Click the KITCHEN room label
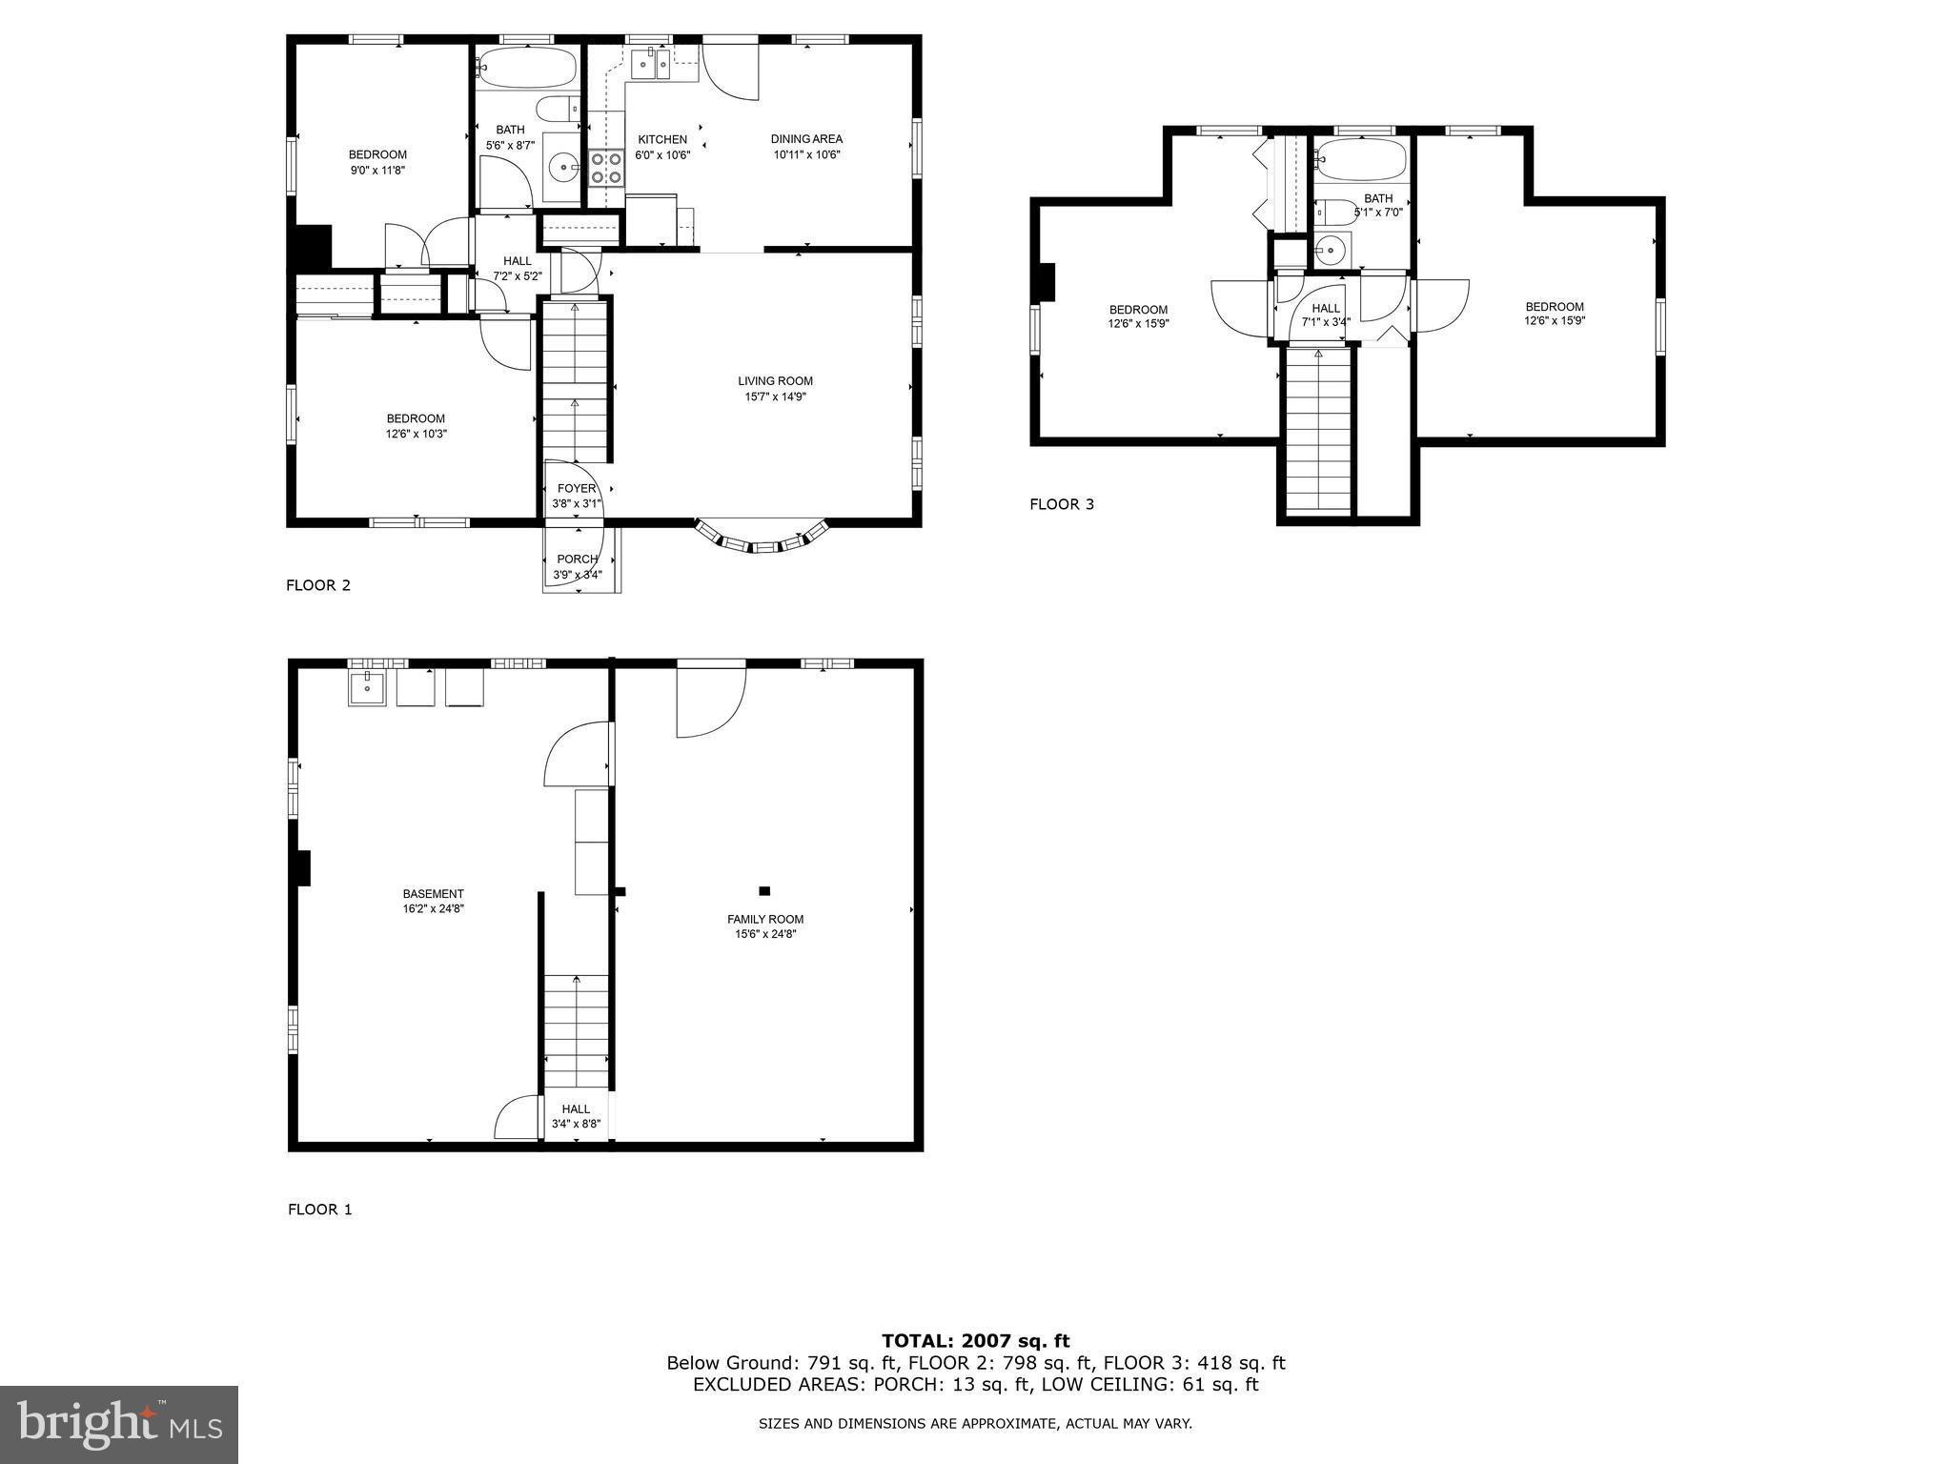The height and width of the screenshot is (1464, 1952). [x=662, y=139]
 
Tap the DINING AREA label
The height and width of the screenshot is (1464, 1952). [x=806, y=139]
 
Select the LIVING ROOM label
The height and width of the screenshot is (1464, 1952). [x=776, y=381]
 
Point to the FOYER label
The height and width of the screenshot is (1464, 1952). [x=577, y=489]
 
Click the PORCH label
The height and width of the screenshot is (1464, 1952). [x=578, y=559]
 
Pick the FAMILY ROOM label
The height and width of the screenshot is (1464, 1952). [x=765, y=920]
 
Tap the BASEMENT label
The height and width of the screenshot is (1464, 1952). [x=433, y=894]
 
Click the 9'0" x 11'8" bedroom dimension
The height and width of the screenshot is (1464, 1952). [x=377, y=171]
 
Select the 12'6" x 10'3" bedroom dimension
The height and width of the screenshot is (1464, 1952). [x=417, y=435]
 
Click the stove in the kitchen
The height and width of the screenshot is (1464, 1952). [x=604, y=168]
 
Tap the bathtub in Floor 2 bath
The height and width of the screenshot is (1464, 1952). [x=526, y=68]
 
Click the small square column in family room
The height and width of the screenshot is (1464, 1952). [x=763, y=891]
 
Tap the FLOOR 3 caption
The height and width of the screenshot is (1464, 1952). [x=1062, y=504]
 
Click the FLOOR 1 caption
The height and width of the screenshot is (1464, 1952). [x=320, y=1210]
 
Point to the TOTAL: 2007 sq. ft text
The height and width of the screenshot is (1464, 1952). [x=975, y=1341]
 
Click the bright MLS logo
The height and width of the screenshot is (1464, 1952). [x=119, y=1424]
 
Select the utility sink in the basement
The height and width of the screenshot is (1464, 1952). [x=367, y=688]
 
